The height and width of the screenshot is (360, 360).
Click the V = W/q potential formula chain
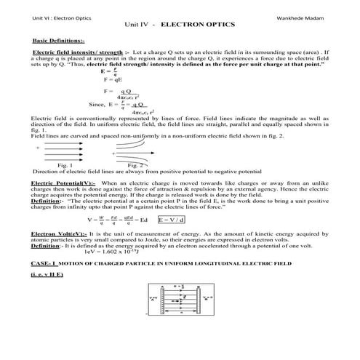(116, 218)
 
